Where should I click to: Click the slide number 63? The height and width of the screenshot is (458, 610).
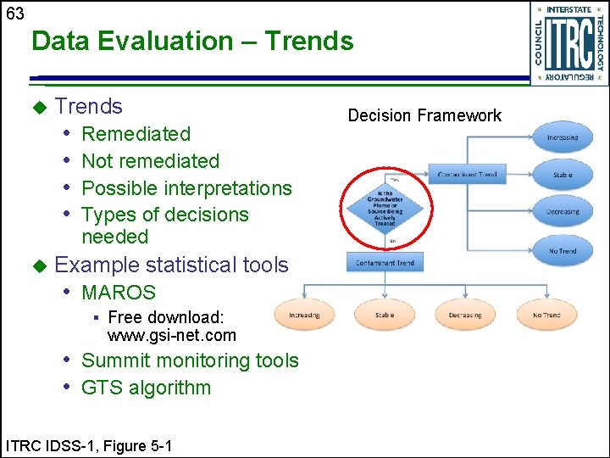[x=14, y=14]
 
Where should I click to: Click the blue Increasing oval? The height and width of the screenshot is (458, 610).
[x=563, y=137]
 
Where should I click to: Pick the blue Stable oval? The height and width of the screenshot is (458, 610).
[x=563, y=175]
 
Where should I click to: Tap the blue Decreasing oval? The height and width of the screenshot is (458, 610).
[x=563, y=211]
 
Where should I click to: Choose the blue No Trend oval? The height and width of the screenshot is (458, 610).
[x=563, y=251]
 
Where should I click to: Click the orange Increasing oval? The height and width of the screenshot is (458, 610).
[x=304, y=315]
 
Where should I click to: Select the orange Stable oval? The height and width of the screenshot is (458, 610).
[x=385, y=315]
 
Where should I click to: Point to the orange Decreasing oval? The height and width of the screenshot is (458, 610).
[x=465, y=315]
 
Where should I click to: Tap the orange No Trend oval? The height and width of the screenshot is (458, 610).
[x=546, y=315]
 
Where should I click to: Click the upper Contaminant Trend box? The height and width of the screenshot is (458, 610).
[x=467, y=175]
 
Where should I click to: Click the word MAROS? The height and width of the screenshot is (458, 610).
[x=119, y=293]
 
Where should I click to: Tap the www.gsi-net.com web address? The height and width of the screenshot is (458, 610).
[x=172, y=335]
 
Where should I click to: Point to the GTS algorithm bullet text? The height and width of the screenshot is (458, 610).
[x=146, y=388]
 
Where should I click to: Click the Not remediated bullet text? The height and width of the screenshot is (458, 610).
[x=150, y=160]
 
